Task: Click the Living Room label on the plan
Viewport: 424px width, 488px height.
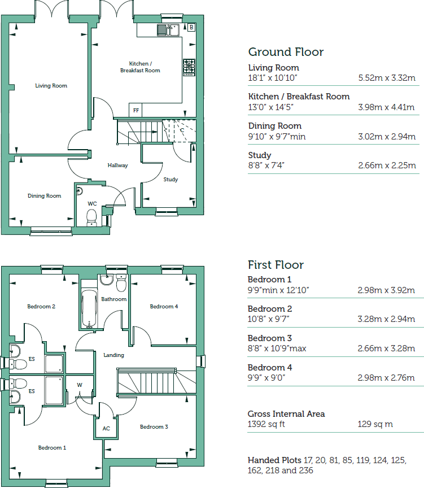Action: click(51, 86)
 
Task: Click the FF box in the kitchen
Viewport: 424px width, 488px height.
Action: click(135, 110)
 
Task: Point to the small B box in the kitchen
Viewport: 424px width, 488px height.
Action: click(191, 27)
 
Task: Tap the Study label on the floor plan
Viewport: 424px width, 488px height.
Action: click(171, 180)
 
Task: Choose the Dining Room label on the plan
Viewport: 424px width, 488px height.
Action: click(44, 196)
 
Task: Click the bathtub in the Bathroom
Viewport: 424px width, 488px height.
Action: click(89, 308)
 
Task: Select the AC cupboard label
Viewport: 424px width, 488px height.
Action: click(106, 428)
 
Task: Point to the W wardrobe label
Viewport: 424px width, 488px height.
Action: click(80, 385)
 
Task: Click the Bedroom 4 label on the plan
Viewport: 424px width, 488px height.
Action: click(164, 307)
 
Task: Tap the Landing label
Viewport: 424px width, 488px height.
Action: click(113, 355)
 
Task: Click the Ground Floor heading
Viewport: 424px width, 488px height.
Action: click(286, 52)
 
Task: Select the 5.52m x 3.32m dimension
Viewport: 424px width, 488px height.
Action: click(387, 78)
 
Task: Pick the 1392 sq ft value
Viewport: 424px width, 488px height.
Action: click(266, 424)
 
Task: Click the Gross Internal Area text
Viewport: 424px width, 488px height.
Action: click(286, 414)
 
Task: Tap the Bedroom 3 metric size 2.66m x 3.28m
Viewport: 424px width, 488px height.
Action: click(386, 348)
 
